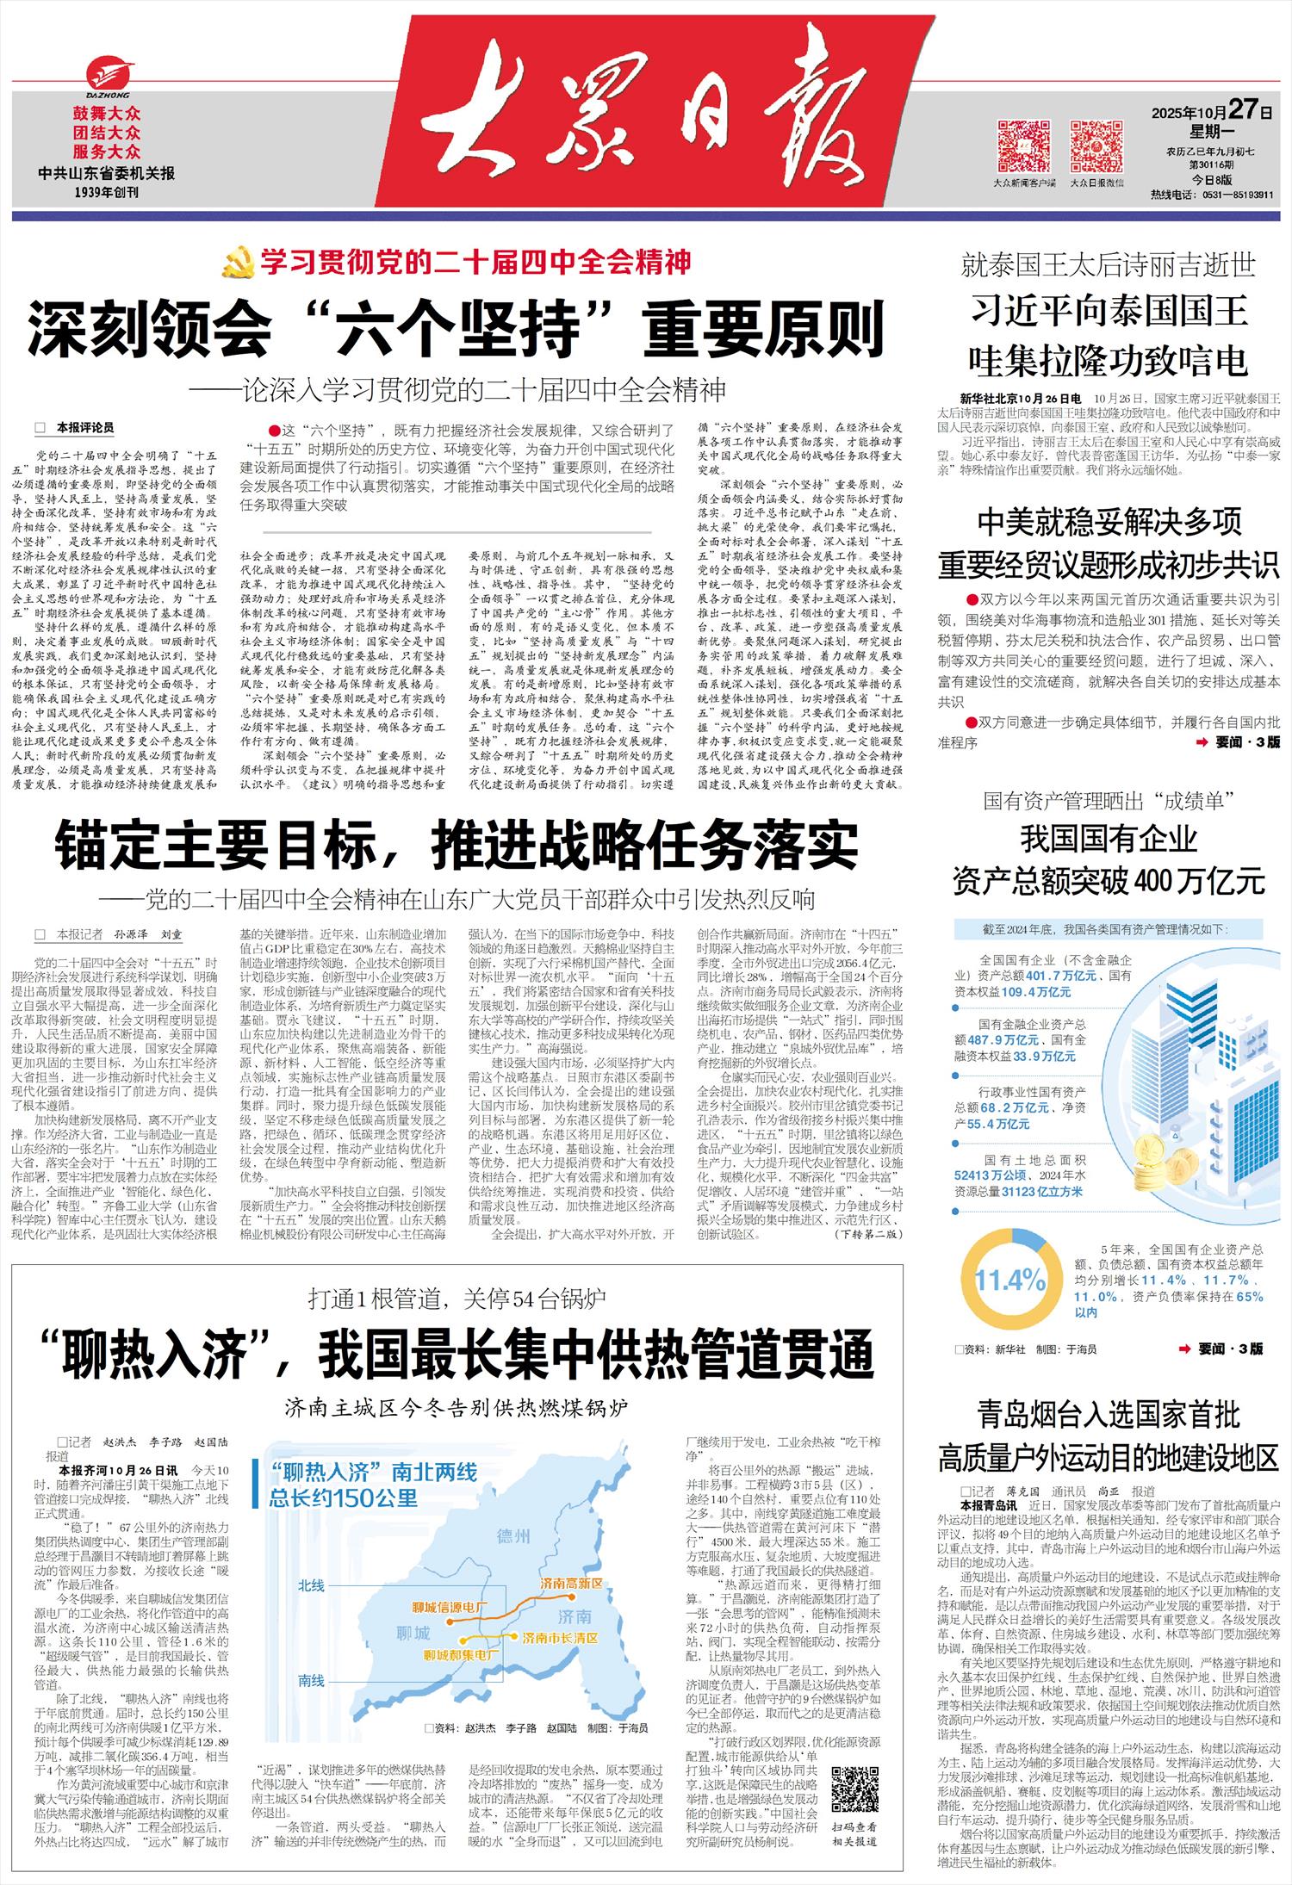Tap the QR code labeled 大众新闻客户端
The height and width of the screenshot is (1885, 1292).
tap(1023, 147)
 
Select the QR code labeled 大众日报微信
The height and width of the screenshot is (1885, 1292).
tap(1096, 147)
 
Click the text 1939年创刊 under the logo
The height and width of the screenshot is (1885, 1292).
tap(107, 192)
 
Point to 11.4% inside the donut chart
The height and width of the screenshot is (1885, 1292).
tap(1009, 1280)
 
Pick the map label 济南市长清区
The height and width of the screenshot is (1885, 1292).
tap(560, 1637)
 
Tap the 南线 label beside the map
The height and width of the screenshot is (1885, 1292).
tap(311, 1680)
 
